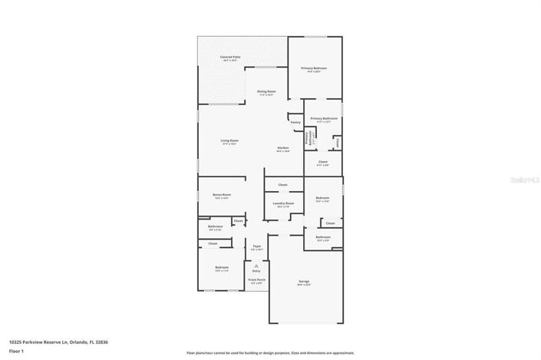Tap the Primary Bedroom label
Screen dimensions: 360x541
point(314,68)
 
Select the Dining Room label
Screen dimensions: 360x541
point(266,92)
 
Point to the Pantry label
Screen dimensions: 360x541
point(295,121)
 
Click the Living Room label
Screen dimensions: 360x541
point(229,140)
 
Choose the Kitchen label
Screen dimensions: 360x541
point(283,147)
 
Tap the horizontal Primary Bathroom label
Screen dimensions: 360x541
point(324,118)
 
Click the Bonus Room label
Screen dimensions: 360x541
point(222,195)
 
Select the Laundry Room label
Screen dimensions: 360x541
point(283,203)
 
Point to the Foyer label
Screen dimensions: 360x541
point(257,246)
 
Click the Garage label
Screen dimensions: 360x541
point(304,282)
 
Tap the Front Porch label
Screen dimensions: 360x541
point(256,279)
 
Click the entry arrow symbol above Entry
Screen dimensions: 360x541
point(256,265)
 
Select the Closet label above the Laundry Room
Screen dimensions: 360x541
point(282,185)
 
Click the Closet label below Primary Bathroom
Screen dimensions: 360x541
point(322,162)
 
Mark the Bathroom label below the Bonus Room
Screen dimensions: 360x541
point(216,226)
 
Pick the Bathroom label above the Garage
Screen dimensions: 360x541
point(322,237)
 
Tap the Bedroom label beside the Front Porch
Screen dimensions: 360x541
point(223,267)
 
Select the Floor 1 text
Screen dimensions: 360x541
point(16,351)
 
